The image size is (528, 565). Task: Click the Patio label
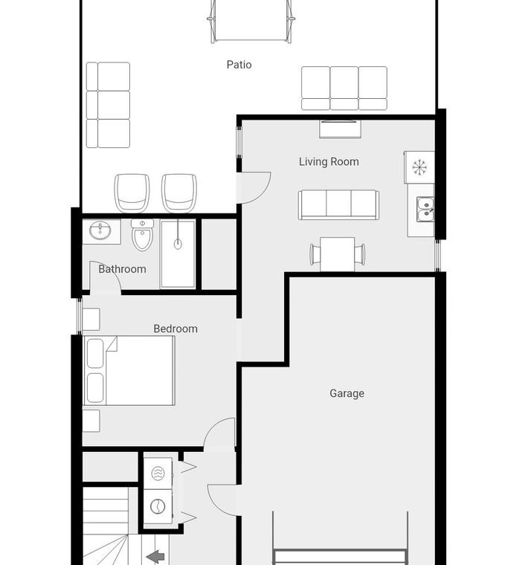239,65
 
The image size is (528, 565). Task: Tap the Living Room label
329,162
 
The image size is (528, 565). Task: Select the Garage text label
347,393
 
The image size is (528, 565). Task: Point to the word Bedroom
176,329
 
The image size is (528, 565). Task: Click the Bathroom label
122,269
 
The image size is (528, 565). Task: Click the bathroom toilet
142,235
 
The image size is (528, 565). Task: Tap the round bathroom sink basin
100,230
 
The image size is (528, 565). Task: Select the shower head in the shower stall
178,244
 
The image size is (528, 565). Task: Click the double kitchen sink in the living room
425,209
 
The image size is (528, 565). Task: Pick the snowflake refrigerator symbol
419,167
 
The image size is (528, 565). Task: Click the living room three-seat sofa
338,204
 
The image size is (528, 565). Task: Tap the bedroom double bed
129,370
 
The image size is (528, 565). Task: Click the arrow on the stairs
155,556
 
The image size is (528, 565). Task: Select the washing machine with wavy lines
158,473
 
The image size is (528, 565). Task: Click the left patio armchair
132,193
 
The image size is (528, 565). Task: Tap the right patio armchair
179,193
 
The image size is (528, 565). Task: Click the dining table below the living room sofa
338,254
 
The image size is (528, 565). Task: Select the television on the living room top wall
341,129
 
